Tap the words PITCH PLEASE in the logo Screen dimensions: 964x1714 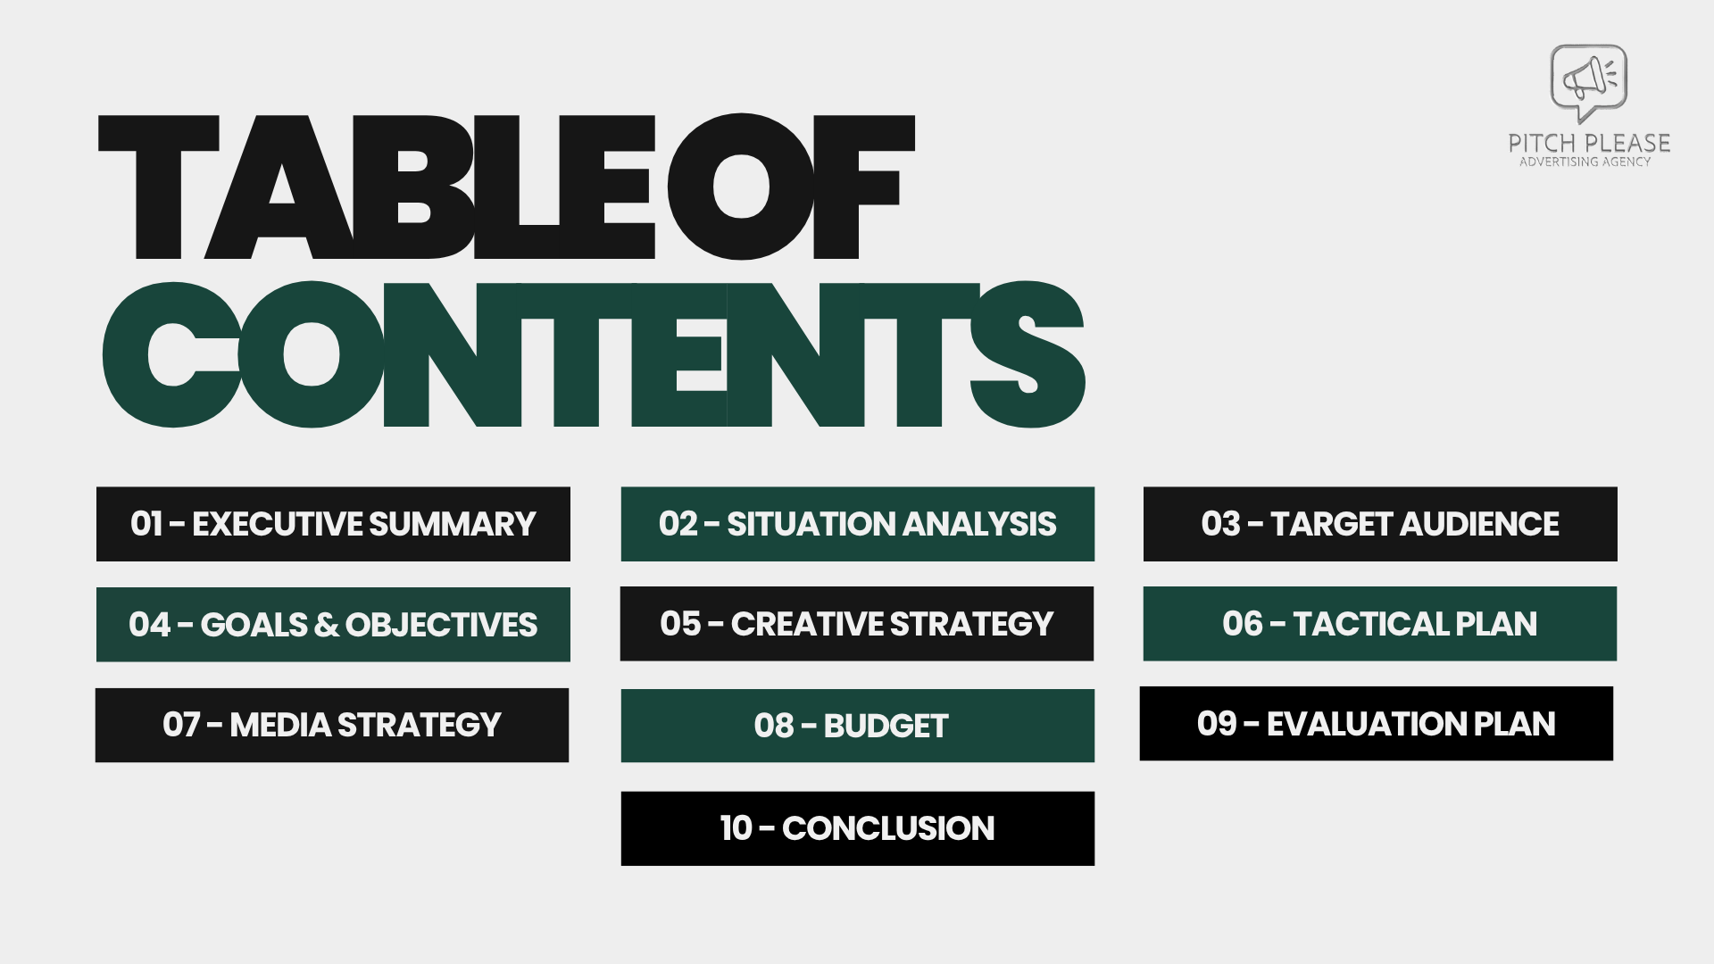[1589, 143]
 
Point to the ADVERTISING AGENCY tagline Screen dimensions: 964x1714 [1585, 162]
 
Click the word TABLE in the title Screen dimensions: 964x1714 [375, 187]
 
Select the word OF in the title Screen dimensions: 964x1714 [790, 187]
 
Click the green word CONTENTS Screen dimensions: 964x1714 [593, 354]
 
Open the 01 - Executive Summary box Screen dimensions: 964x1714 [333, 524]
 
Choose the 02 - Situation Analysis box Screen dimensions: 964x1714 [857, 524]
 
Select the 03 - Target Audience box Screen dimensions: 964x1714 [1380, 524]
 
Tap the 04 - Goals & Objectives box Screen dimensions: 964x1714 [333, 624]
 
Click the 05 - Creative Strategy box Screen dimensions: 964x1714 [857, 624]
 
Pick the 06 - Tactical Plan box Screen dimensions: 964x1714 [1380, 624]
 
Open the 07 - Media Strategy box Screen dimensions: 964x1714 [332, 725]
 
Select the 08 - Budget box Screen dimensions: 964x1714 [857, 726]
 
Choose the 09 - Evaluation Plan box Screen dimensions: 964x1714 [1376, 724]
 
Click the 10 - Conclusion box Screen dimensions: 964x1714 [857, 828]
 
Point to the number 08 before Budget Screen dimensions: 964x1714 [773, 727]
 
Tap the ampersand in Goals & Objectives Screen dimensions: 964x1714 [327, 625]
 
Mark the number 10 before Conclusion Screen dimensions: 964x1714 [736, 828]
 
